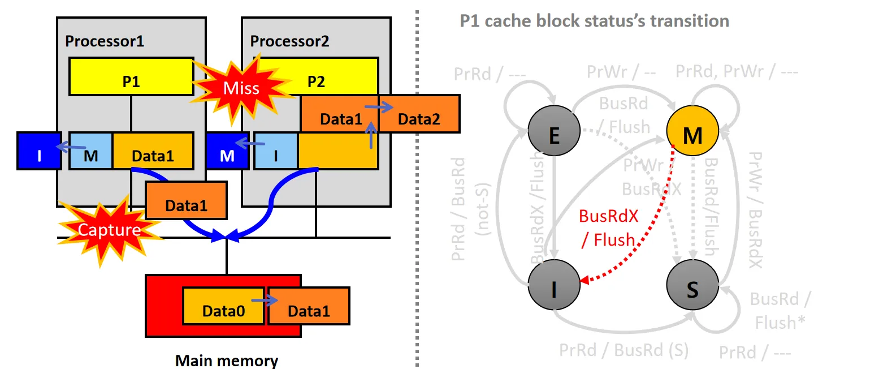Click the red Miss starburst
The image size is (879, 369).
tap(241, 88)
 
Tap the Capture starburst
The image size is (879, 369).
tap(109, 229)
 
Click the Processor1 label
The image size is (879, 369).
tap(105, 41)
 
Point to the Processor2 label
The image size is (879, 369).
tap(289, 41)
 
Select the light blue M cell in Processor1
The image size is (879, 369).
tap(91, 151)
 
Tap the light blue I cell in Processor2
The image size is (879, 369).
tap(276, 151)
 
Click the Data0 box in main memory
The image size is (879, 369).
tap(223, 310)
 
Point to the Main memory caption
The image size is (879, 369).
tap(227, 361)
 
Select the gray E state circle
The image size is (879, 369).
tap(554, 134)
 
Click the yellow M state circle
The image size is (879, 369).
tap(692, 134)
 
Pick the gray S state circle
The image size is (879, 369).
tap(692, 290)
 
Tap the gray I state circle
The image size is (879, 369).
tap(554, 290)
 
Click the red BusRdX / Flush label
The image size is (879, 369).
tap(608, 228)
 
